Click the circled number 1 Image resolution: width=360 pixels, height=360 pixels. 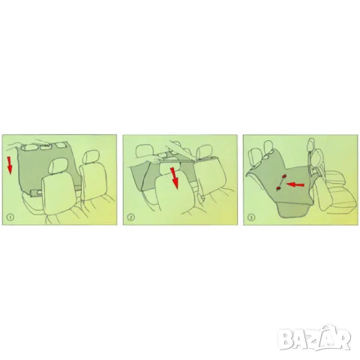pyautogui.click(x=10, y=217)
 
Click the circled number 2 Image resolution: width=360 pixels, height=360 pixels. pyautogui.click(x=130, y=217)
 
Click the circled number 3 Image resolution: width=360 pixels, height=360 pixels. pyautogui.click(x=251, y=217)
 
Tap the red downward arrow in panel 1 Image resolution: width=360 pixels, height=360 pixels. pyautogui.click(x=9, y=165)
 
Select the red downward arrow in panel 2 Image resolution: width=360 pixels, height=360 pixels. pyautogui.click(x=175, y=178)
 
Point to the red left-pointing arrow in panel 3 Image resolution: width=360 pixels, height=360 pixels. pyautogui.click(x=295, y=184)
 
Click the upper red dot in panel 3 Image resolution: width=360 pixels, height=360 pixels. pyautogui.click(x=284, y=176)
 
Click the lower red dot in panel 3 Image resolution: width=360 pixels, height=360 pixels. pyautogui.click(x=277, y=187)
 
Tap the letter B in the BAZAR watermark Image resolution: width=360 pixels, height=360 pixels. pyautogui.click(x=286, y=338)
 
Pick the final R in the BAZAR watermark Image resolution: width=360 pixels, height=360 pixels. pyautogui.click(x=343, y=338)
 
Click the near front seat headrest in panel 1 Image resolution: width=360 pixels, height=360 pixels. pyautogui.click(x=58, y=167)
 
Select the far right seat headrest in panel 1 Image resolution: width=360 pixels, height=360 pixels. pyautogui.click(x=91, y=157)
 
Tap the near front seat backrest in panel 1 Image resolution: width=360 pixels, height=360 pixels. pyautogui.click(x=60, y=196)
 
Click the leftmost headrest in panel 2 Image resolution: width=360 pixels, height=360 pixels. pyautogui.click(x=144, y=152)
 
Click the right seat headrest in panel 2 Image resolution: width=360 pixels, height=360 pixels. pyautogui.click(x=204, y=153)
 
